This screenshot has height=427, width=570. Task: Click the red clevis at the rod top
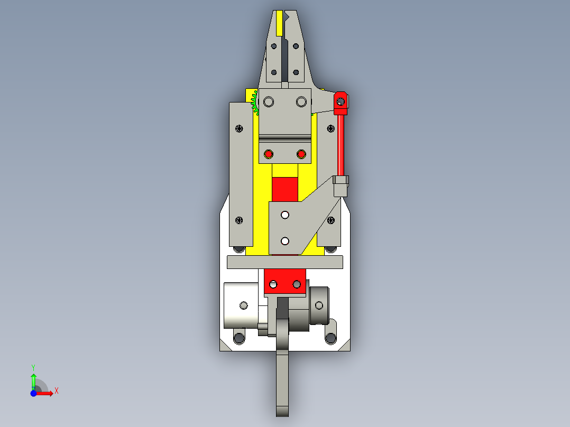341,103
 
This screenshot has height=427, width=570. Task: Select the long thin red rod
341,145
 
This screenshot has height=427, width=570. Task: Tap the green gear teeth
254,103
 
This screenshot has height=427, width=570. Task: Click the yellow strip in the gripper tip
279,23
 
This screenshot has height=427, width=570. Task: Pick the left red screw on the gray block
269,154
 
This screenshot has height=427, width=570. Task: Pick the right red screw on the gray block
301,154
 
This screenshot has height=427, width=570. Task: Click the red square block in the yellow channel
285,189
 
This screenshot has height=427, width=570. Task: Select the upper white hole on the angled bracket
285,215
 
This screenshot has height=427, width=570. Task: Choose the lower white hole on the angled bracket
285,241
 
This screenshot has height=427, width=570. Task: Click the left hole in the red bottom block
273,284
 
